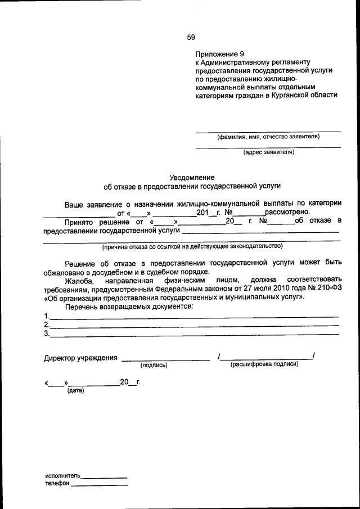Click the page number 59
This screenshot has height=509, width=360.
click(x=191, y=38)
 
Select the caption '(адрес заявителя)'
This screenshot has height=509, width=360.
click(x=268, y=152)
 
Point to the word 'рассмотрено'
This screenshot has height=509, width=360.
click(x=287, y=212)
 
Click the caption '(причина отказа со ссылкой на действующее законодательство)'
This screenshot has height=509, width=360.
click(x=192, y=246)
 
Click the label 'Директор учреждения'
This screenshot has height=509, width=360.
click(x=80, y=358)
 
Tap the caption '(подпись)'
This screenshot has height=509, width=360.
click(x=154, y=365)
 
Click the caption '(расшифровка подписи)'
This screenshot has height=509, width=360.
click(x=264, y=364)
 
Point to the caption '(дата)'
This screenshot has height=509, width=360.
click(x=75, y=390)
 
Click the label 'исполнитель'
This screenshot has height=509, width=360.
click(x=63, y=475)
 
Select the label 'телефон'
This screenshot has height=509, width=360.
click(x=57, y=483)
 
